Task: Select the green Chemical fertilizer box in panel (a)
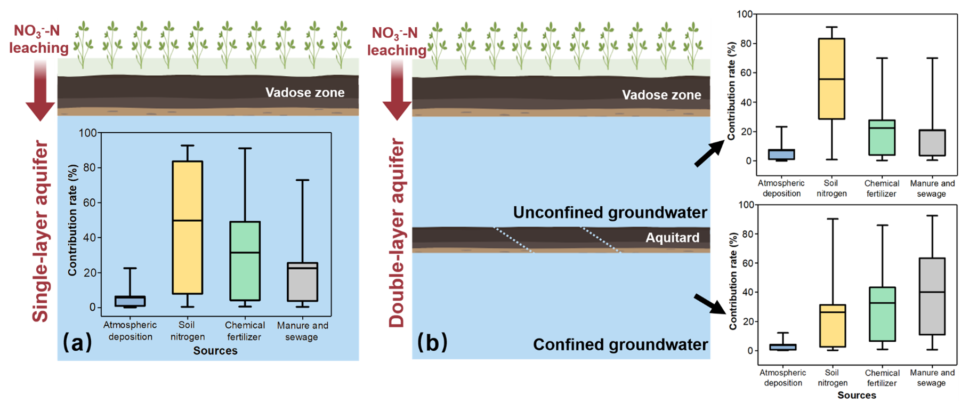point(245,261)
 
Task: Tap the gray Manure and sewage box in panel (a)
point(303,282)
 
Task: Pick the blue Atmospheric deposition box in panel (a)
point(131,301)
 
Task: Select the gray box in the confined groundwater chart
point(932,296)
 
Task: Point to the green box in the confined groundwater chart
point(882,314)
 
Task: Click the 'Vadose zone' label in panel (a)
point(305,92)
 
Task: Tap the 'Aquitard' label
point(672,238)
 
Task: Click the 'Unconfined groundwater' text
point(610,213)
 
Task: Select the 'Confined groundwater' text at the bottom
point(620,344)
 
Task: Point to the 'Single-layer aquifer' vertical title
point(41,232)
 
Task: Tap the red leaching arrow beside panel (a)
point(41,91)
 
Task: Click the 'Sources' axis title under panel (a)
point(215,351)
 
